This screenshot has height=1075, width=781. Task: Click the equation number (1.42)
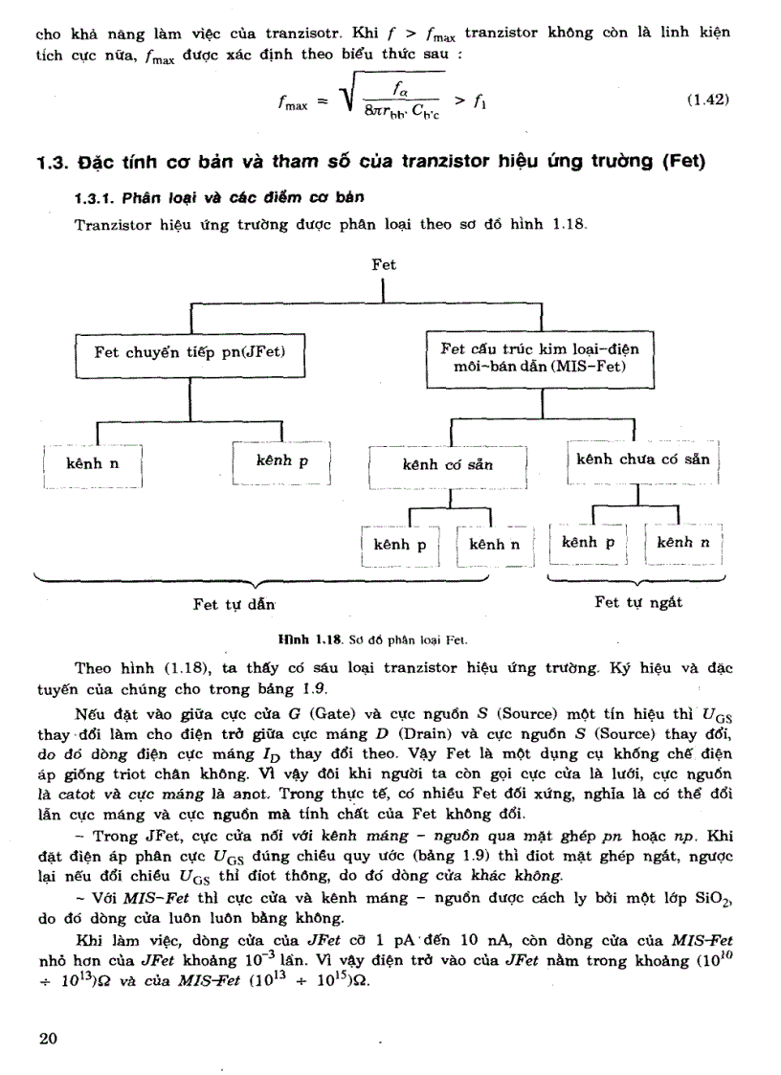(709, 100)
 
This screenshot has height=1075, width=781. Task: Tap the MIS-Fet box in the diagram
(541, 358)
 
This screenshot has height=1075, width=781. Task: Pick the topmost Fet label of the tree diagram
(384, 264)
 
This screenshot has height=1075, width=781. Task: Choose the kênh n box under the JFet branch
(93, 463)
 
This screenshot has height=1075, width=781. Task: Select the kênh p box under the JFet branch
(282, 461)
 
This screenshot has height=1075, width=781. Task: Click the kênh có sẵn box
(448, 465)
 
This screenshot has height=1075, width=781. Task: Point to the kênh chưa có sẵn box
(642, 459)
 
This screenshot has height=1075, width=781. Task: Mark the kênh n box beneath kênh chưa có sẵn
(683, 543)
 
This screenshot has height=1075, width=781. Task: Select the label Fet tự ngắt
(638, 603)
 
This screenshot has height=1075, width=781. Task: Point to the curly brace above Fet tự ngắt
(636, 580)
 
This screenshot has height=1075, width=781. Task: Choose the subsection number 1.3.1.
(100, 199)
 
